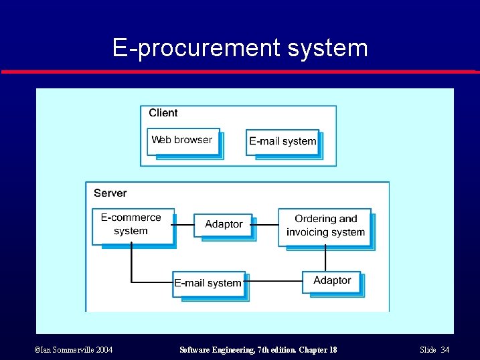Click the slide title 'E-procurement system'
pyautogui.click(x=240, y=48)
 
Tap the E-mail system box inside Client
pyautogui.click(x=282, y=141)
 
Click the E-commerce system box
pyautogui.click(x=132, y=225)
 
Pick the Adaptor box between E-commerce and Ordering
pyautogui.click(x=223, y=224)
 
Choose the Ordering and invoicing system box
pyautogui.click(x=325, y=226)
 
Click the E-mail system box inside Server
pyautogui.click(x=208, y=283)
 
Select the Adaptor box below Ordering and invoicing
pyautogui.click(x=331, y=281)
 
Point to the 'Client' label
pyautogui.click(x=163, y=113)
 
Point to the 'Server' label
pyautogui.click(x=110, y=193)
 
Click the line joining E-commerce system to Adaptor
pyautogui.click(x=184, y=225)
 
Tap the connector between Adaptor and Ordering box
pyautogui.click(x=265, y=225)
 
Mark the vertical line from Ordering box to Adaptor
pyautogui.click(x=325, y=258)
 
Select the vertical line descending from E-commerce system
pyautogui.click(x=131, y=261)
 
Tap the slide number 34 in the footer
pyautogui.click(x=445, y=350)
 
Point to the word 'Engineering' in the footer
pyautogui.click(x=238, y=350)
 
